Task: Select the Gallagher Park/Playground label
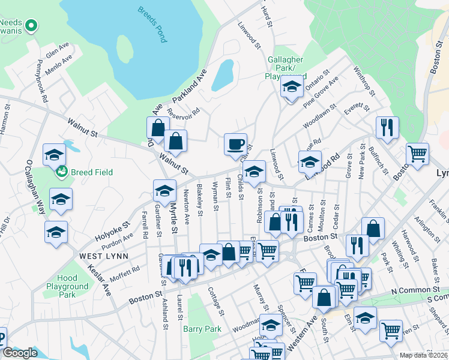285,68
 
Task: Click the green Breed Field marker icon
61,173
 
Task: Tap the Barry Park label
202,329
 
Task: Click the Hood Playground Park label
67,286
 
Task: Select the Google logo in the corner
20,353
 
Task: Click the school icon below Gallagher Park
292,88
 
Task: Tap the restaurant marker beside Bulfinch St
387,128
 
